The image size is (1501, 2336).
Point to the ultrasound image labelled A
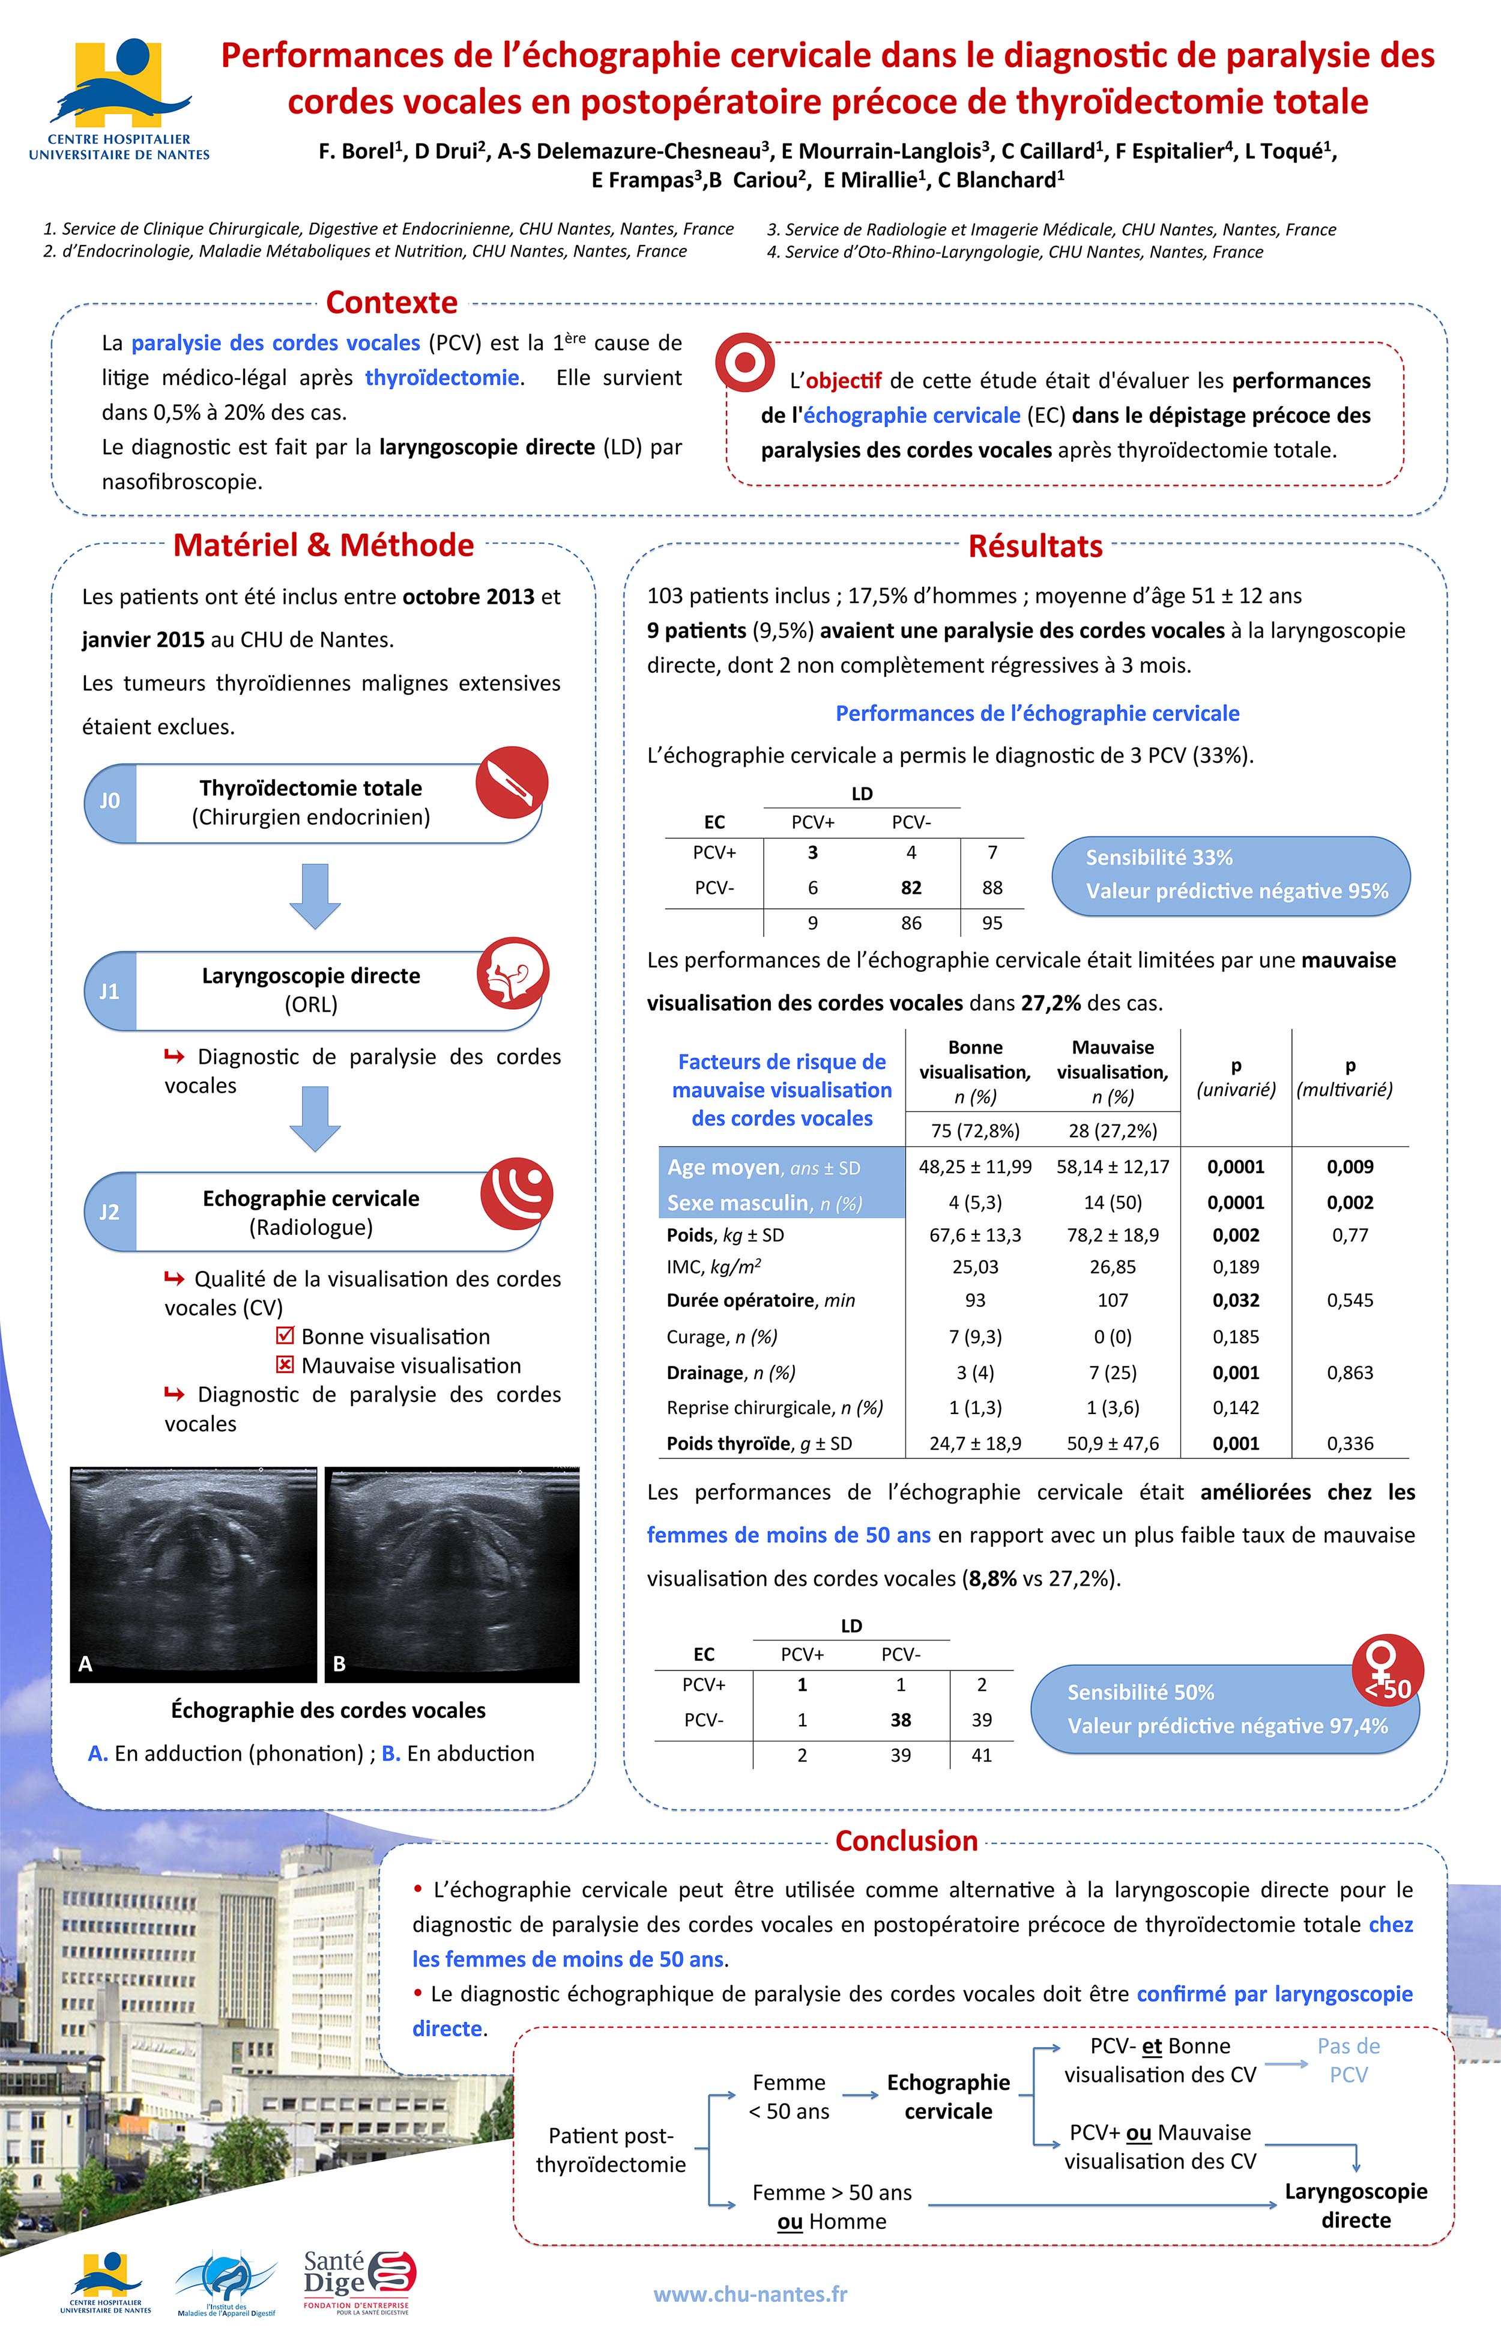(x=194, y=1574)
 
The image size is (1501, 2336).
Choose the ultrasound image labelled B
(x=452, y=1574)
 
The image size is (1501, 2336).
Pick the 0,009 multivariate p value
(x=1350, y=1167)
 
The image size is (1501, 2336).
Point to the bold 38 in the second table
(x=901, y=1720)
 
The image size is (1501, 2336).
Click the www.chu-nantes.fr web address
(x=750, y=2294)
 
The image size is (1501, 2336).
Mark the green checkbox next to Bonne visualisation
(x=286, y=1336)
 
